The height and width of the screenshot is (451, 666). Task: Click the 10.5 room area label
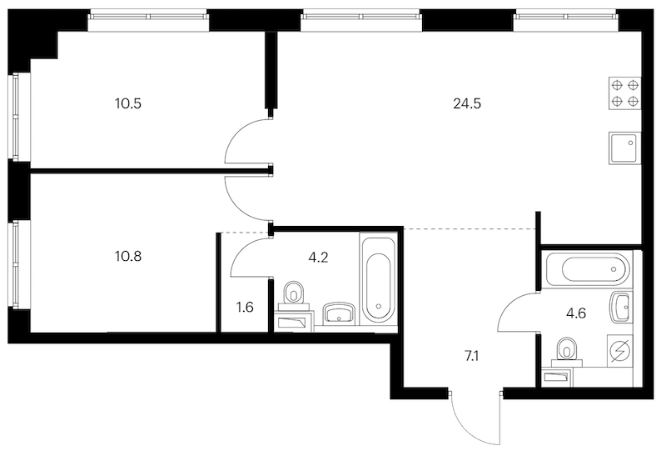pos(128,103)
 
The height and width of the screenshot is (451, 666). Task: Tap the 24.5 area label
pos(467,103)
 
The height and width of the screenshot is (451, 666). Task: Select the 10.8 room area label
pos(128,257)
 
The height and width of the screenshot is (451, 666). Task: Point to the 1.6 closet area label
pos(245,307)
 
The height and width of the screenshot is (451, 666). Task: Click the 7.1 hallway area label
pos(472,356)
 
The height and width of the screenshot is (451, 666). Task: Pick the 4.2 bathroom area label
pos(318,258)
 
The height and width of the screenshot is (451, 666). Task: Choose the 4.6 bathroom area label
pos(576,313)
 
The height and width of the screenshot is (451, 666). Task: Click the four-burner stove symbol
pos(625,93)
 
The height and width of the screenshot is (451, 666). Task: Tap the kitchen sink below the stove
pos(625,148)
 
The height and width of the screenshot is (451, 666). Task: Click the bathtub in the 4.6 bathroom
pos(586,269)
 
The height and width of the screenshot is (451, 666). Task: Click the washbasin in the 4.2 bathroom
pos(339,313)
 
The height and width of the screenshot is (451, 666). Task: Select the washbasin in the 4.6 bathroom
pos(621,308)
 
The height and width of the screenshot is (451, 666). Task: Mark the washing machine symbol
pos(619,351)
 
